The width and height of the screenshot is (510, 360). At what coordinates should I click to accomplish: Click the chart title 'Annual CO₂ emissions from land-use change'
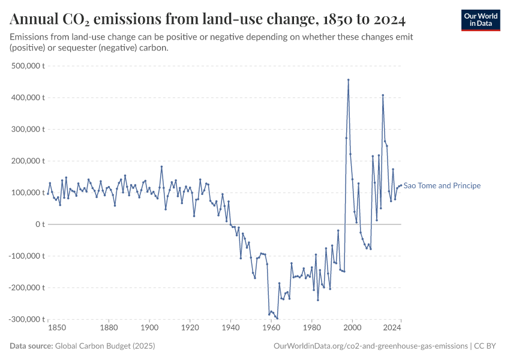208,20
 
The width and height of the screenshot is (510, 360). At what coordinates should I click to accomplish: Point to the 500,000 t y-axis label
28,65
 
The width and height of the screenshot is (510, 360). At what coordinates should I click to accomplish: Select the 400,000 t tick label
28,97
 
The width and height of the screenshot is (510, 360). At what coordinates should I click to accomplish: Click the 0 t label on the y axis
40,224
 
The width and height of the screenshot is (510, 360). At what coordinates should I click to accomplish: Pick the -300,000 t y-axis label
27,319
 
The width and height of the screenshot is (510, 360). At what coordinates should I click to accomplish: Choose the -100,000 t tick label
27,256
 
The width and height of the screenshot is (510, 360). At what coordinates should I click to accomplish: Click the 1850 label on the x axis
57,328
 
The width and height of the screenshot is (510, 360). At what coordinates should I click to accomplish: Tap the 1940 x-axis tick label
230,328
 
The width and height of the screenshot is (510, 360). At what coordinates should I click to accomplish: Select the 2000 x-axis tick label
352,328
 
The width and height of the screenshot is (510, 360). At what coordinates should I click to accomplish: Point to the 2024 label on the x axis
392,328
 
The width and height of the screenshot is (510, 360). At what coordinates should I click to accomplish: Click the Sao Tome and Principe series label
442,186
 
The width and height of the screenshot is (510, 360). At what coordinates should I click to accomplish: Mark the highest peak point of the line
348,80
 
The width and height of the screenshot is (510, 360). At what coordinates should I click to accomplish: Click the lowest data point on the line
277,318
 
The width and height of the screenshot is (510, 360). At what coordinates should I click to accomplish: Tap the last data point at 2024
401,185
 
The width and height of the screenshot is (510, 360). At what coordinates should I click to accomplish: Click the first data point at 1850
48,193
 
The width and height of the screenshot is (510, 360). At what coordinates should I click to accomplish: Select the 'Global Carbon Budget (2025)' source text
104,346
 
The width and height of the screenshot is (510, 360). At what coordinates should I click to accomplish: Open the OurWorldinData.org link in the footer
370,346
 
